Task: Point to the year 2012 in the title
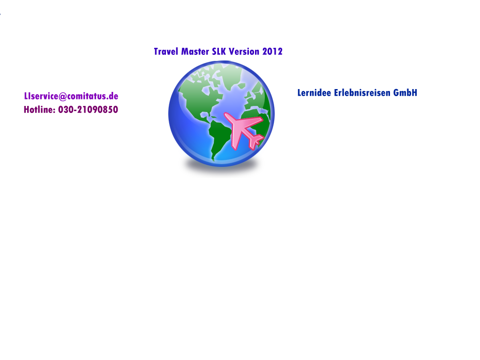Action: pos(272,52)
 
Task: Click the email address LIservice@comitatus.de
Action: pos(71,96)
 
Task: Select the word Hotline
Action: pos(39,110)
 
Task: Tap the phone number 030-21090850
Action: pos(88,110)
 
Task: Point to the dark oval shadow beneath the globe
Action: pos(221,166)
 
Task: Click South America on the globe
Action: pos(219,136)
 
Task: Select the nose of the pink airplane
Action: pos(227,115)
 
